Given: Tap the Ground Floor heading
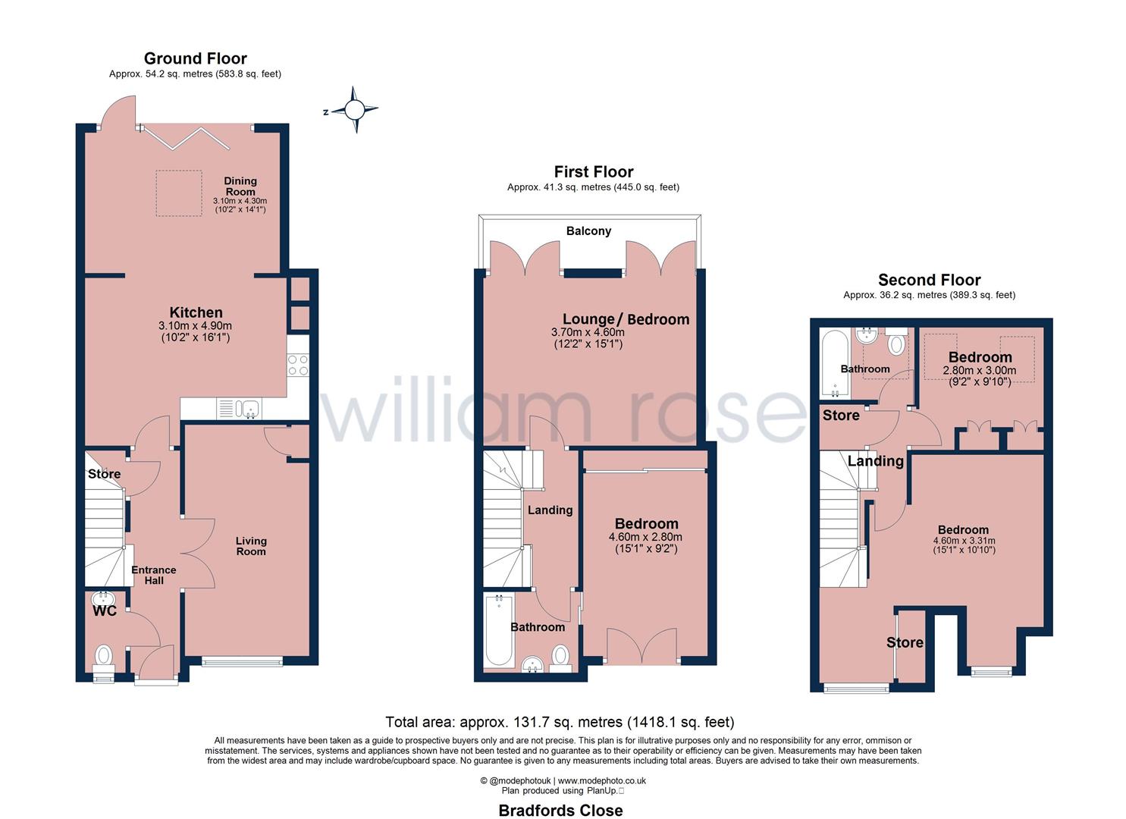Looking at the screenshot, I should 195,58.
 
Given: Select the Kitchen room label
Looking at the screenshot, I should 196,312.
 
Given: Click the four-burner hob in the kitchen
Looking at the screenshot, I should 298,366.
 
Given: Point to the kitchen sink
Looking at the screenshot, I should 248,409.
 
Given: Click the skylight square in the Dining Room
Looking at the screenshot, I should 179,193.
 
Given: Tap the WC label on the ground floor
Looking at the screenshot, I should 105,611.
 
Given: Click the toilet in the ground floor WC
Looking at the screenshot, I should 103,656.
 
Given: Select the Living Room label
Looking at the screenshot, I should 251,546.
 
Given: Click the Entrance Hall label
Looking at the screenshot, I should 154,575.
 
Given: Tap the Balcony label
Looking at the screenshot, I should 588,231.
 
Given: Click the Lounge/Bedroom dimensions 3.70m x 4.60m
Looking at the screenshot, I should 588,332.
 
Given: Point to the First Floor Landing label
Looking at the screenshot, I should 550,510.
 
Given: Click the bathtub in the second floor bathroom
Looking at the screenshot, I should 833,364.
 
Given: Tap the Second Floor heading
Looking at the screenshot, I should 929,280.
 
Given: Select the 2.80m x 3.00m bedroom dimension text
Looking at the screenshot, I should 979,371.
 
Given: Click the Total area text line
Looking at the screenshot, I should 560,722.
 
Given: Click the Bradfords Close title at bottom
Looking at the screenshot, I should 560,810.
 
